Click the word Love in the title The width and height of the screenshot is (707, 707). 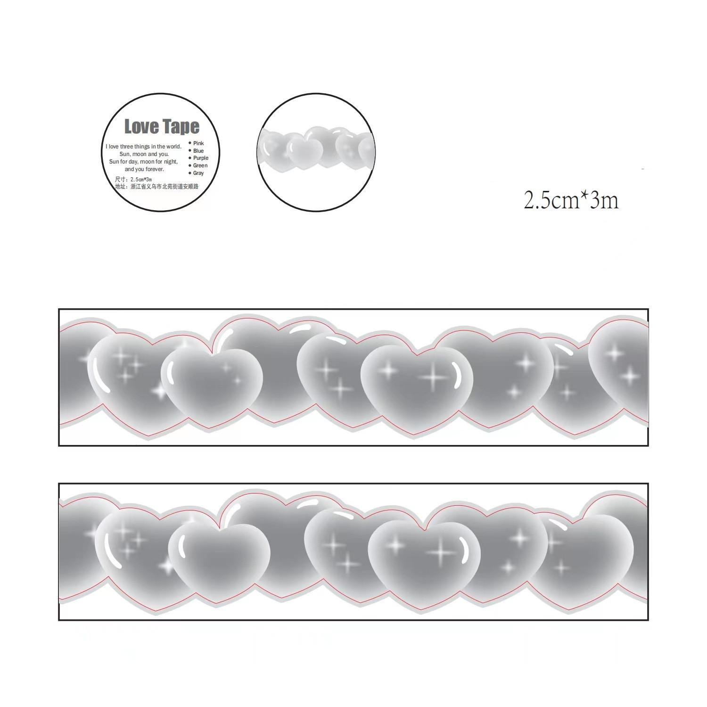point(141,127)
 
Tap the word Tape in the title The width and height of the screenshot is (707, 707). point(181,127)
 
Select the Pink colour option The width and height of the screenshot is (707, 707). point(198,143)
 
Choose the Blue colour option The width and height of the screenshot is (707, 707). point(198,151)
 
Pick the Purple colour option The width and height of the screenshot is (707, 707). point(200,158)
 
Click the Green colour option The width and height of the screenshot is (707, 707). point(200,166)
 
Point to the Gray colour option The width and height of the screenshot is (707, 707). point(198,173)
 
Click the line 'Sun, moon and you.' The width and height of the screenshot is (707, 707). point(144,154)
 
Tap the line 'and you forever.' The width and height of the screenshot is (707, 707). point(144,169)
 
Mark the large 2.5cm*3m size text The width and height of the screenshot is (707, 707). point(571,201)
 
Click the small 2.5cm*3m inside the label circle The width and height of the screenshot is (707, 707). point(140,180)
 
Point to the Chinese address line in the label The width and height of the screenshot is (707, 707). point(157,187)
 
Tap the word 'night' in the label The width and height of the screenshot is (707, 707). point(171,162)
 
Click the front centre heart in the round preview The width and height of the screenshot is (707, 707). point(304,151)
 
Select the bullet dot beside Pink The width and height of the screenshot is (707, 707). point(190,143)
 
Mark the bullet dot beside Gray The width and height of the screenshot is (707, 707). point(190,173)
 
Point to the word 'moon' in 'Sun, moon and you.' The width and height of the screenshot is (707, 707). point(140,154)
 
